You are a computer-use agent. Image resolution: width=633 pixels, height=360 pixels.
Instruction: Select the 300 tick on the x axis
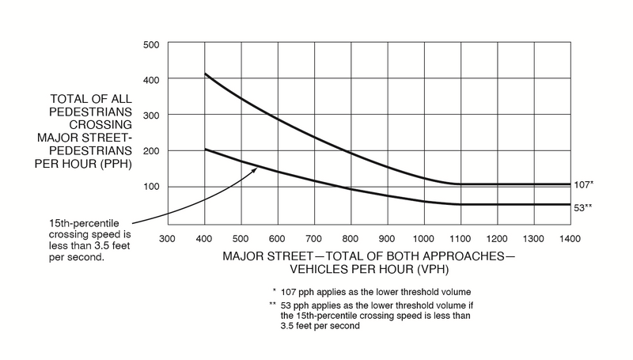[166, 237]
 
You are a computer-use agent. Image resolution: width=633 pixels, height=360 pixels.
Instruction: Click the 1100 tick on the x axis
[461, 237]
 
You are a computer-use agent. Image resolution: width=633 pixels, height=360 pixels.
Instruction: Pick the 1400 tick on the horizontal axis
[570, 237]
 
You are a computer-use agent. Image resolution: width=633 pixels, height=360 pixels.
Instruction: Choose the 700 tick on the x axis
[313, 237]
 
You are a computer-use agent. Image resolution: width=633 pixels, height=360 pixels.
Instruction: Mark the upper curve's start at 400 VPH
[205, 74]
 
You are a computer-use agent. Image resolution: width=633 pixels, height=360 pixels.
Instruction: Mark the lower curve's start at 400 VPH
[205, 150]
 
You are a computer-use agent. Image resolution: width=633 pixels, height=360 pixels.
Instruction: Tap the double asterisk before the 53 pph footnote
[272, 305]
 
